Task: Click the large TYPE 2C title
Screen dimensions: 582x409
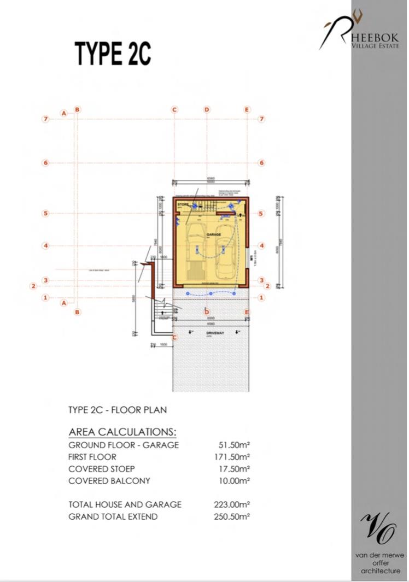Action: [x=113, y=54]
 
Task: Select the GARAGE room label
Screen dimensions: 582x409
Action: [x=213, y=234]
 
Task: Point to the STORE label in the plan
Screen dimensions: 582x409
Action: [x=183, y=204]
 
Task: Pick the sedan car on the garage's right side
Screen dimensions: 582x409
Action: [x=226, y=251]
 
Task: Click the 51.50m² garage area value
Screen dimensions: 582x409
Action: [x=232, y=445]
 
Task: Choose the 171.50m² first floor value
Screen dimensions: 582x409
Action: [x=232, y=457]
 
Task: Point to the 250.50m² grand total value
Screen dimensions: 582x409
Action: [x=232, y=516]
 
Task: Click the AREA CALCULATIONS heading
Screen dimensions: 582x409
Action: [x=122, y=432]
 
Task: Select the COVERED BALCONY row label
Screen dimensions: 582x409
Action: [x=109, y=481]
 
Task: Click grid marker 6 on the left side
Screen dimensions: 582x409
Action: [x=46, y=163]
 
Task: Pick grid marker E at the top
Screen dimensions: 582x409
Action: [x=247, y=110]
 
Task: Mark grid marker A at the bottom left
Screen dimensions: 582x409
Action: [x=64, y=303]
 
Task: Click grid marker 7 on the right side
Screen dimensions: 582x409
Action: [x=262, y=119]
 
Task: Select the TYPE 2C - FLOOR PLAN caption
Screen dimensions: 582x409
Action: [x=118, y=410]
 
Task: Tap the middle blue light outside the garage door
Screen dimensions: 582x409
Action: [x=211, y=293]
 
